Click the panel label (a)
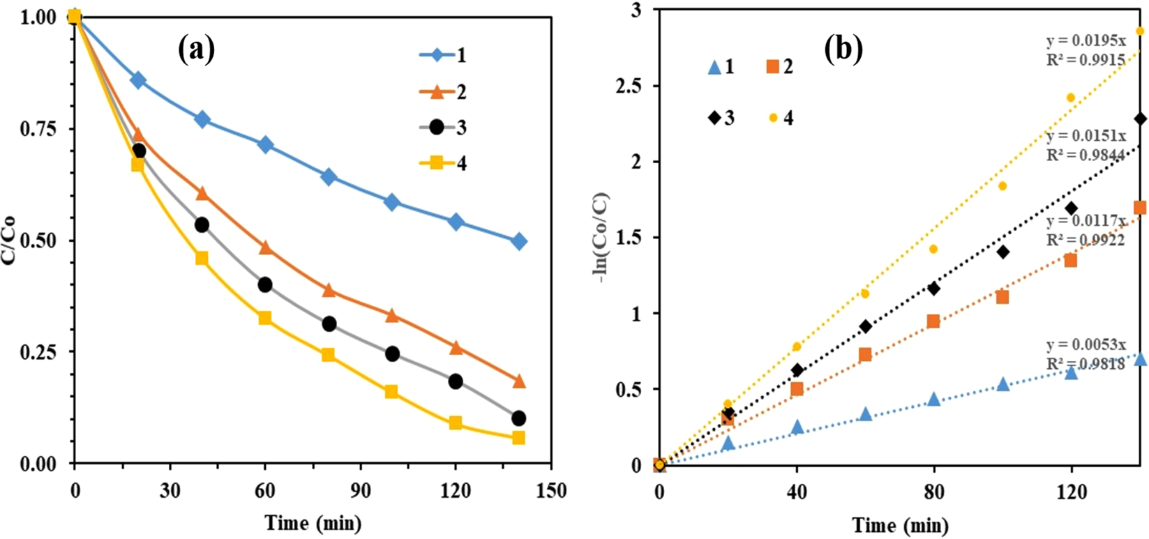pyautogui.click(x=196, y=50)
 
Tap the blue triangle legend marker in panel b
pyautogui.click(x=714, y=67)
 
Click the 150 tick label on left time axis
pyautogui.click(x=551, y=491)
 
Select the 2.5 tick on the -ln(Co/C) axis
pyautogui.click(x=626, y=86)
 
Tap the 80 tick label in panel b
pyautogui.click(x=934, y=492)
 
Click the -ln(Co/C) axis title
pyautogui.click(x=600, y=237)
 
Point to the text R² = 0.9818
pyautogui.click(x=1086, y=363)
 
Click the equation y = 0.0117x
pyautogui.click(x=1086, y=222)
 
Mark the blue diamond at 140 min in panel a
pyautogui.click(x=518, y=242)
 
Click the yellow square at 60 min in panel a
pyautogui.click(x=265, y=318)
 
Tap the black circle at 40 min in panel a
pyautogui.click(x=202, y=225)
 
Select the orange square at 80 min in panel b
pyautogui.click(x=933, y=321)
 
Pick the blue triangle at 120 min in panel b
pyautogui.click(x=1071, y=373)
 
